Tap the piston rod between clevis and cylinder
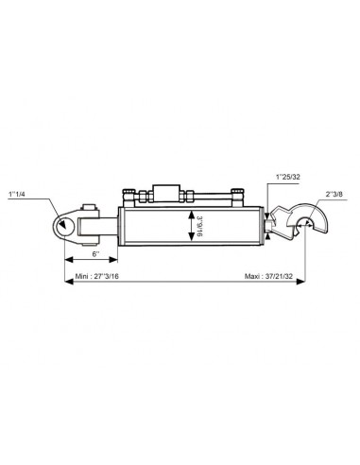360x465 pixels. (x=112, y=227)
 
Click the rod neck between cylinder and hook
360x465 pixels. (x=272, y=226)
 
